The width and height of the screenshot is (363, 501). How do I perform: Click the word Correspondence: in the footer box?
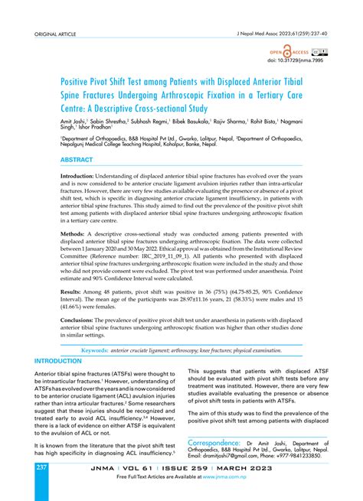tap(221, 441)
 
